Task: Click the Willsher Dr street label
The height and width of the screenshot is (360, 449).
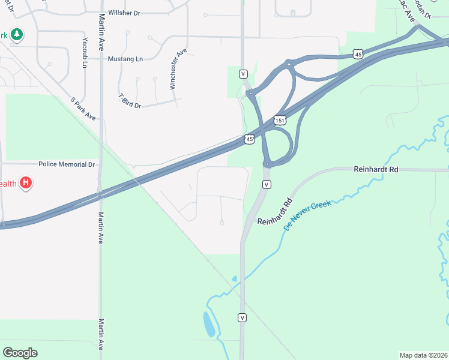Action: click(x=124, y=13)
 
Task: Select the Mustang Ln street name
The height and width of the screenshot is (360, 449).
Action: click(x=125, y=59)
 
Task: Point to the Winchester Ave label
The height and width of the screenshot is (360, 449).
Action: click(x=179, y=70)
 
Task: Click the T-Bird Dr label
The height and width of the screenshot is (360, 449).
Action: click(x=130, y=101)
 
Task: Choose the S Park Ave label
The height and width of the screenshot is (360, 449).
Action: click(x=83, y=109)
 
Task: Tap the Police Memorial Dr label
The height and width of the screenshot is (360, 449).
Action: click(x=67, y=164)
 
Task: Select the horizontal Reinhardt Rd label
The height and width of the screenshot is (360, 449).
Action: click(x=376, y=170)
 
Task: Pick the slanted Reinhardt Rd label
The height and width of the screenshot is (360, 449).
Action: click(x=276, y=212)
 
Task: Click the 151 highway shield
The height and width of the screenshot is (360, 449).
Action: click(x=280, y=121)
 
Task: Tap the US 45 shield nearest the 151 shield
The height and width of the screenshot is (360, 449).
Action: click(x=249, y=139)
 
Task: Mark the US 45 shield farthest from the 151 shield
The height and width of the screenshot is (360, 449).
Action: click(x=358, y=54)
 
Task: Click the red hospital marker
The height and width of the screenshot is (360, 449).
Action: click(x=25, y=183)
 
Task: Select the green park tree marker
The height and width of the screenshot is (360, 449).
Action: click(x=17, y=35)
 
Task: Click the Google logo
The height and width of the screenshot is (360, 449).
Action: click(x=20, y=353)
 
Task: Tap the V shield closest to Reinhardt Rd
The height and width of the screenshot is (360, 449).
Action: click(x=267, y=184)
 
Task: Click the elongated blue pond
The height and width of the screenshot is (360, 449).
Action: click(x=208, y=325)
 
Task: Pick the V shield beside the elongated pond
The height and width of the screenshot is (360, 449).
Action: click(x=243, y=317)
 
